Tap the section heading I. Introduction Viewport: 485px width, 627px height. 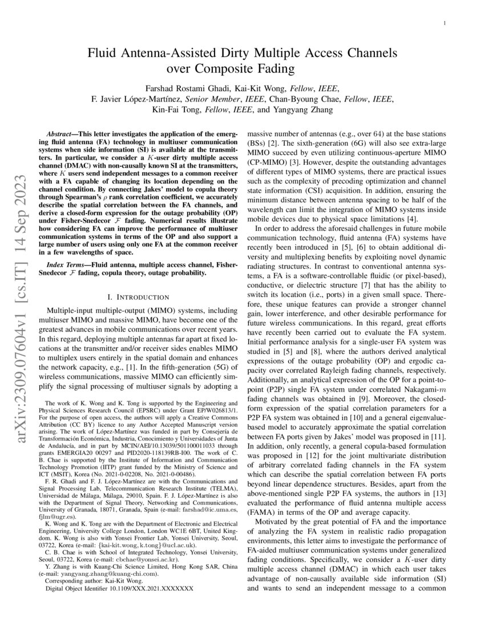point(139,297)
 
